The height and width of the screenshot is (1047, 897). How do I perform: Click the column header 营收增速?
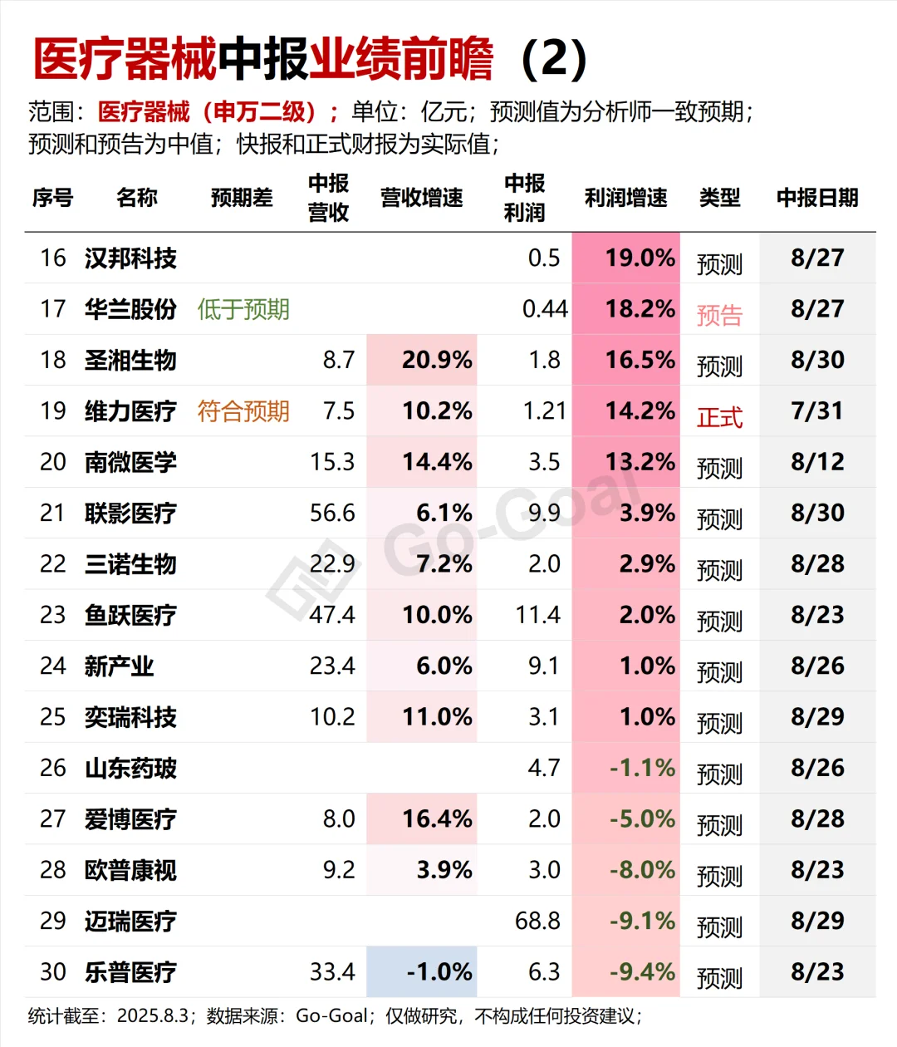point(421,198)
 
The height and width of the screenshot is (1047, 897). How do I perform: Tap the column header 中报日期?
point(816,198)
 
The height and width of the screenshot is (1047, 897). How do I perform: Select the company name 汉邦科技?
point(130,258)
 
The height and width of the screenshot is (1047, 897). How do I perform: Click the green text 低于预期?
point(243,310)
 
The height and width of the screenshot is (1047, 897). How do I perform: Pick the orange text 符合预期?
point(243,411)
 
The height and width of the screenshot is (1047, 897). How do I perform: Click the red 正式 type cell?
point(719,416)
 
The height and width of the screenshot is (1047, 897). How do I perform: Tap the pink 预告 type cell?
point(719,315)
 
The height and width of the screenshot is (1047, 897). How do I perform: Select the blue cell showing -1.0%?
point(439,972)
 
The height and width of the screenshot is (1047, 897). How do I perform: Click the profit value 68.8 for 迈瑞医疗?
point(537,921)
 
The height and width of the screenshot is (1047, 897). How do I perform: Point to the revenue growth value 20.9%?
point(437,360)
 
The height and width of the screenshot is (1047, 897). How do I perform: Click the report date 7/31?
point(817,411)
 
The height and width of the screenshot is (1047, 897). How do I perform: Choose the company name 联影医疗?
point(130,514)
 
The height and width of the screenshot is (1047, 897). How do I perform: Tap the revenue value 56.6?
point(332,514)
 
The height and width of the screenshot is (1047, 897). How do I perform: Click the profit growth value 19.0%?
point(640,258)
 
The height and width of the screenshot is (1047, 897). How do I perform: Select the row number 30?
point(53,972)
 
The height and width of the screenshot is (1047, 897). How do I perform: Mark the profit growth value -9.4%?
point(642,972)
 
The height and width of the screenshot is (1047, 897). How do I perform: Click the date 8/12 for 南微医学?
point(817,462)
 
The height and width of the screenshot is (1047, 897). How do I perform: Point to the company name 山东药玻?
point(130,769)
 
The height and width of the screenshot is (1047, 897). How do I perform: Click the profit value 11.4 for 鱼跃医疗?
point(537,615)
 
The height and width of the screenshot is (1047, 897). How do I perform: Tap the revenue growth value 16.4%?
point(437,819)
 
